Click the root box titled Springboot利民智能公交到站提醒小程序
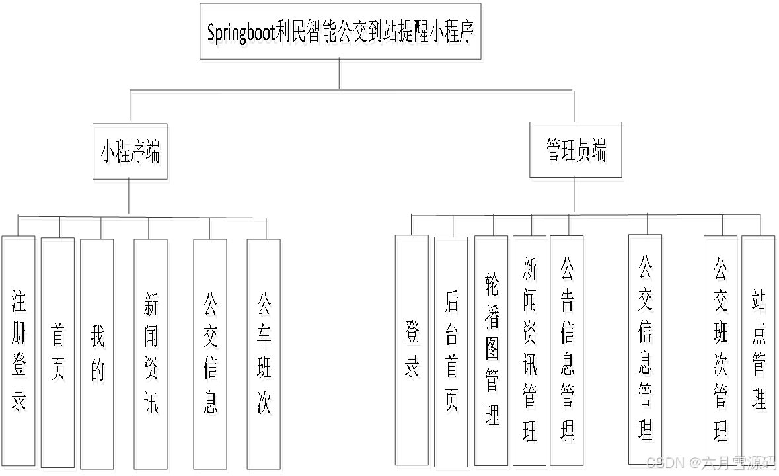(340, 32)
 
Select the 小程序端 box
(130, 152)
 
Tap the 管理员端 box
(575, 150)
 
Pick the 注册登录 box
(19, 352)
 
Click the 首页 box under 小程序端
(57, 352)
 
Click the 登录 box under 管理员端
(412, 350)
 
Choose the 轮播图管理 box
(491, 350)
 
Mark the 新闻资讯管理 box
(529, 350)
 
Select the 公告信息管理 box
(567, 350)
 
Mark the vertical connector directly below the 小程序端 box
(130, 196)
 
